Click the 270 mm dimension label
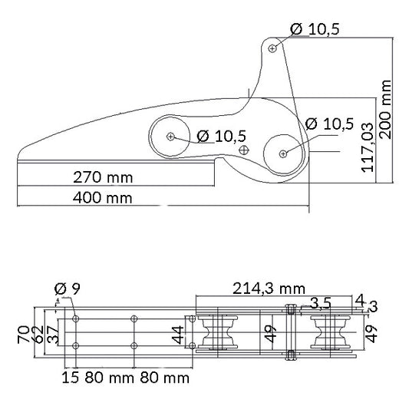coord(103,177)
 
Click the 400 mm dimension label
coord(103,198)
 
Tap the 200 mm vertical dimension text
coord(385,110)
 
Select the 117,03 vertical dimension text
coord(368,147)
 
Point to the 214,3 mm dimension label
coord(269,289)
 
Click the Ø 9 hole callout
coord(68,289)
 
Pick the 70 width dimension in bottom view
coord(24,335)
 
